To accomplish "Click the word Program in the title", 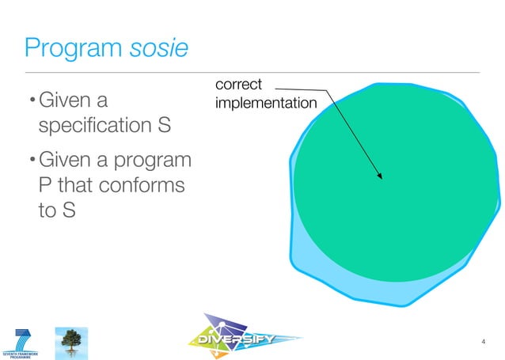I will click(x=74, y=49).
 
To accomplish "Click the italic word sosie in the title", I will click(x=160, y=49).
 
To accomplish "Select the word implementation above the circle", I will click(x=265, y=103).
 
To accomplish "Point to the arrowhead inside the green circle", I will click(x=380, y=176).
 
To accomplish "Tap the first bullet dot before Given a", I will click(x=32, y=101).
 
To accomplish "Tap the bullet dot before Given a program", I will click(x=32, y=161).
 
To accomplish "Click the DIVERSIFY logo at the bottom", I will click(x=244, y=340).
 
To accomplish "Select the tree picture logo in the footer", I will click(x=70, y=342).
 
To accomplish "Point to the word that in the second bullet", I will click(x=81, y=186).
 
